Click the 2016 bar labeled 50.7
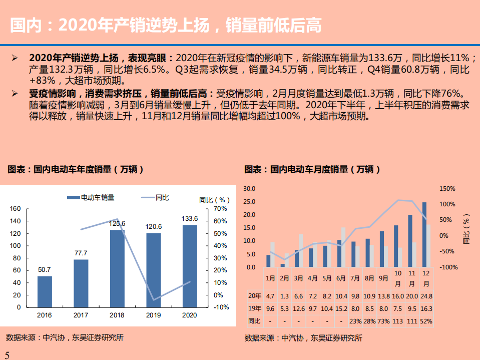click(x=45, y=291)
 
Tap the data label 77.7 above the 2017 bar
click(x=81, y=253)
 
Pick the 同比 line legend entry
click(x=155, y=198)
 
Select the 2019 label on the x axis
click(x=154, y=315)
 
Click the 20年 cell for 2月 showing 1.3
click(x=284, y=296)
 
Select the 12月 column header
click(x=426, y=278)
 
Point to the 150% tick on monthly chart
click(x=447, y=189)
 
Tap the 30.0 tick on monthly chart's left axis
click(x=249, y=189)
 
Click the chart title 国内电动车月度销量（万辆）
click(x=312, y=170)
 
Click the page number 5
click(x=7, y=354)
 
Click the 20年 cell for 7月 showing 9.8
click(x=355, y=296)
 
